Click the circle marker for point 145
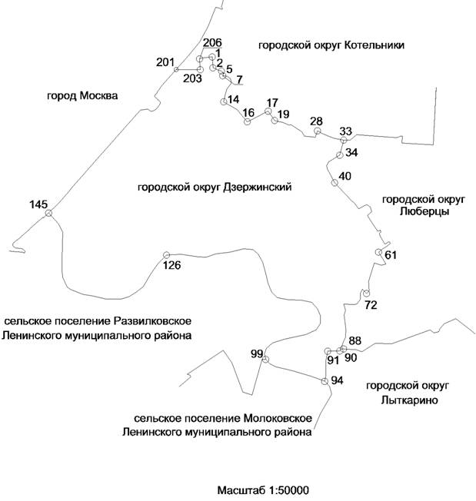tap(48, 213)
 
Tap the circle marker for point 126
tap(166, 255)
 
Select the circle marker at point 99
tap(265, 360)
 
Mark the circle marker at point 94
tap(325, 381)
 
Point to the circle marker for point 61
tap(378, 252)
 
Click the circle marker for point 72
tap(367, 293)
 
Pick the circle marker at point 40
tap(335, 183)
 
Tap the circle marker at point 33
tap(344, 140)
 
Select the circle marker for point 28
tap(317, 131)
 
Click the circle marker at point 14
tap(224, 101)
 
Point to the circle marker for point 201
tap(176, 69)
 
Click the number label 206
tap(212, 42)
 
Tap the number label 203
tap(192, 78)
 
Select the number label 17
tap(272, 103)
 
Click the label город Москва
tap(82, 96)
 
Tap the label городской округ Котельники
tap(331, 45)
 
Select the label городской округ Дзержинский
tap(215, 187)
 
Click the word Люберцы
tap(424, 211)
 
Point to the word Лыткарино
tap(410, 400)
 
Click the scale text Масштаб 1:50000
tap(263, 490)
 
